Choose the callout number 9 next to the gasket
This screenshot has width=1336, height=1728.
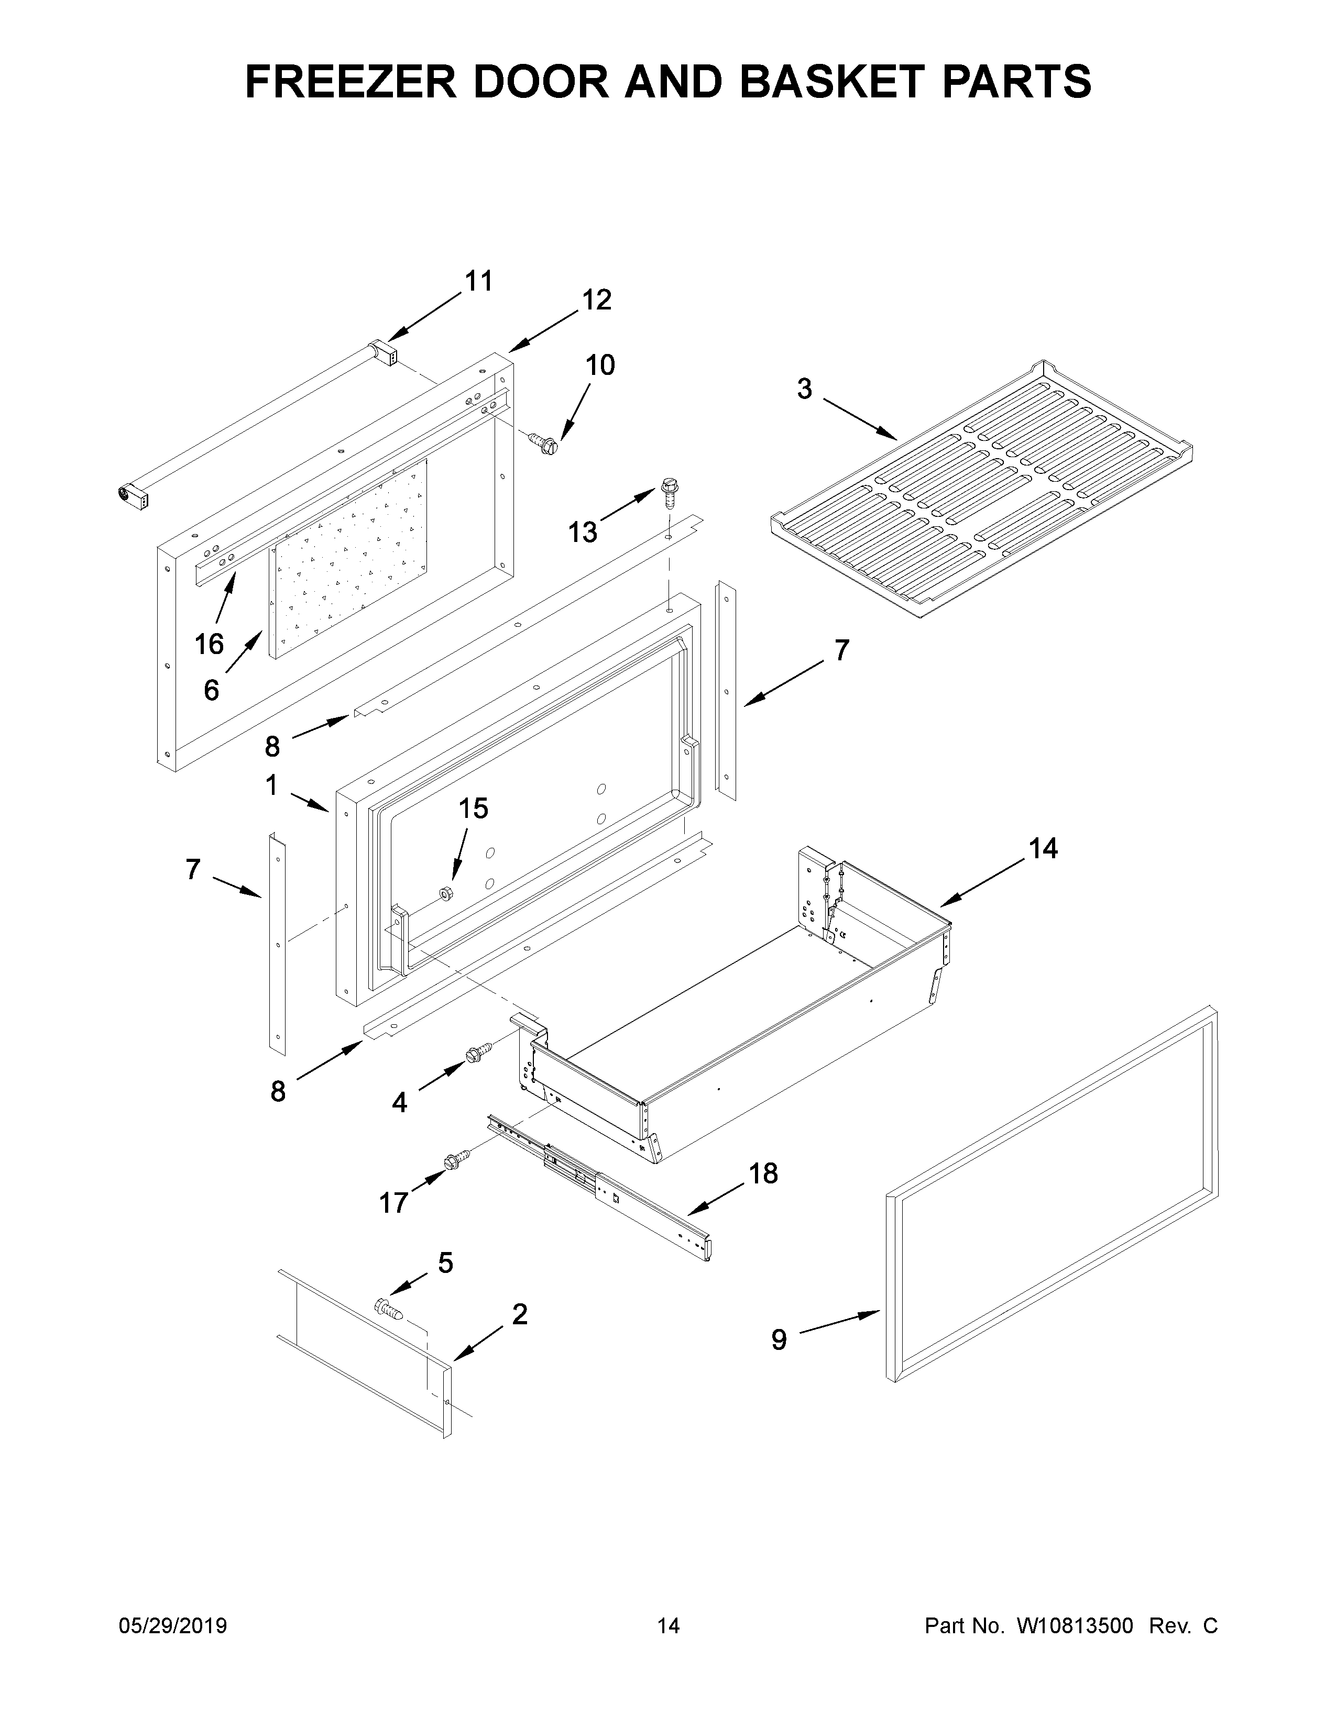[x=779, y=1339]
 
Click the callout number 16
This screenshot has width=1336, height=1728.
[x=209, y=645]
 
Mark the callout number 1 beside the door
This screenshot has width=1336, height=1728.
[x=271, y=785]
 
